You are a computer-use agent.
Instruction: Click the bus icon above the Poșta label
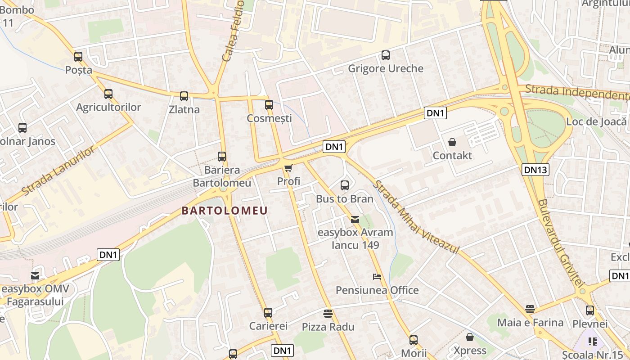click(78, 57)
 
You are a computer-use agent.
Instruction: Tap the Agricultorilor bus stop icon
click(108, 94)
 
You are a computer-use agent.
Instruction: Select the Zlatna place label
click(184, 109)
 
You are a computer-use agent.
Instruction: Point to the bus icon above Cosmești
click(269, 105)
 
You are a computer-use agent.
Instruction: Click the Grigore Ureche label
click(386, 68)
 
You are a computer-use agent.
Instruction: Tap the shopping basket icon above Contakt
click(452, 142)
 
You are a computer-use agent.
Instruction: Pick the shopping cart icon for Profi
click(288, 168)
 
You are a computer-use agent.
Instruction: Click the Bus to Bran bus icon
click(345, 185)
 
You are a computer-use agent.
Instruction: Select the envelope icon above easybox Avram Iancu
click(355, 220)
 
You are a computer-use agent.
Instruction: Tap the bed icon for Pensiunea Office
click(377, 276)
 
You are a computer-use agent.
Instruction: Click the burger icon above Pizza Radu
click(328, 313)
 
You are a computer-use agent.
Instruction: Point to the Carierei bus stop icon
click(268, 312)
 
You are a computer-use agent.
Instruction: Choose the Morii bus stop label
click(414, 353)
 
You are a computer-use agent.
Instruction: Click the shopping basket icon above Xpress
click(470, 337)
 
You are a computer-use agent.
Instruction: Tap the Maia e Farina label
click(530, 323)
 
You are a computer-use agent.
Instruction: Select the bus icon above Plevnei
click(590, 310)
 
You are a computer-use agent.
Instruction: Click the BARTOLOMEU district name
click(225, 211)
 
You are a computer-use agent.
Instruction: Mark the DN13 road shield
click(535, 170)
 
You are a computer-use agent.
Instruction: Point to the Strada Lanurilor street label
click(58, 171)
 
